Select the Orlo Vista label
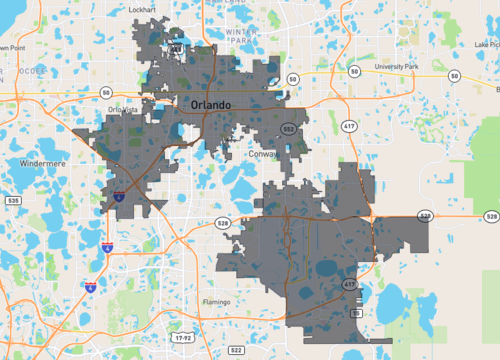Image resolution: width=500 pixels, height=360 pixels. [x=123, y=110]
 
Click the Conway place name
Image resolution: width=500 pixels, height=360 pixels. [x=264, y=155]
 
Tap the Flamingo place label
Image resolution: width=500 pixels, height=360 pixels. [x=214, y=301]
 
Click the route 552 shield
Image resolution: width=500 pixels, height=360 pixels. [x=288, y=130]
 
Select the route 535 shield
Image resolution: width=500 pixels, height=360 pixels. [x=13, y=201]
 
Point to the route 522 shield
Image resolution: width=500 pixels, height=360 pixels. [x=236, y=350]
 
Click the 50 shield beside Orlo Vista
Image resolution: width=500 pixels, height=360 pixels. [x=105, y=93]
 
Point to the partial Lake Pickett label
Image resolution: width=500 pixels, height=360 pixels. [x=488, y=44]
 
